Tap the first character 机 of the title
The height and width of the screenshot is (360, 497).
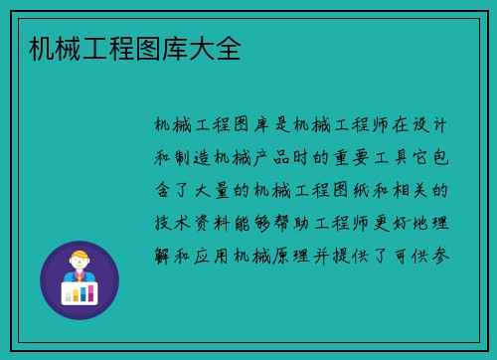[41, 47]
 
